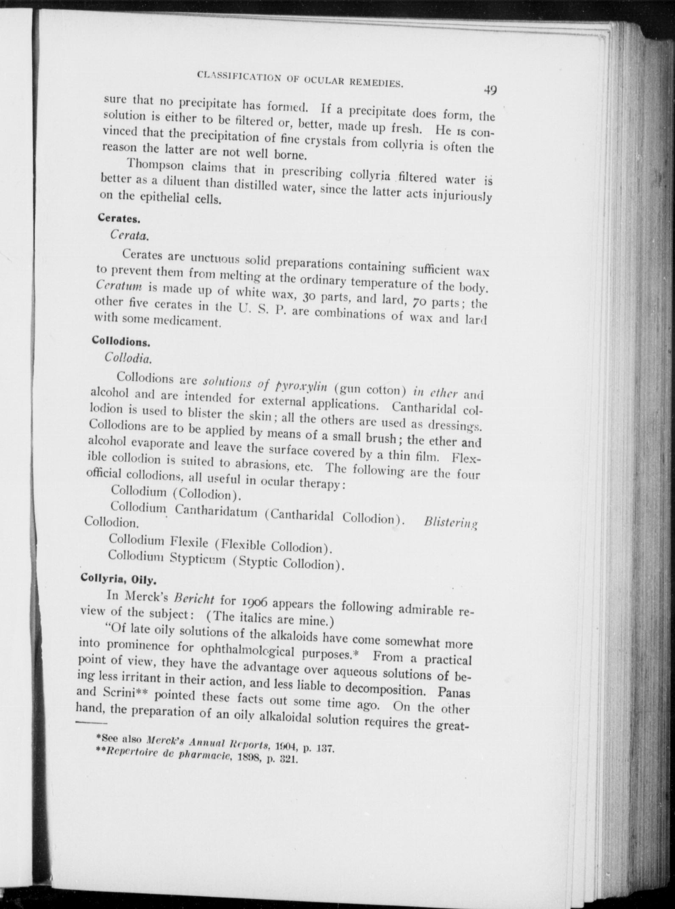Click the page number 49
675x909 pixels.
point(490,90)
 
